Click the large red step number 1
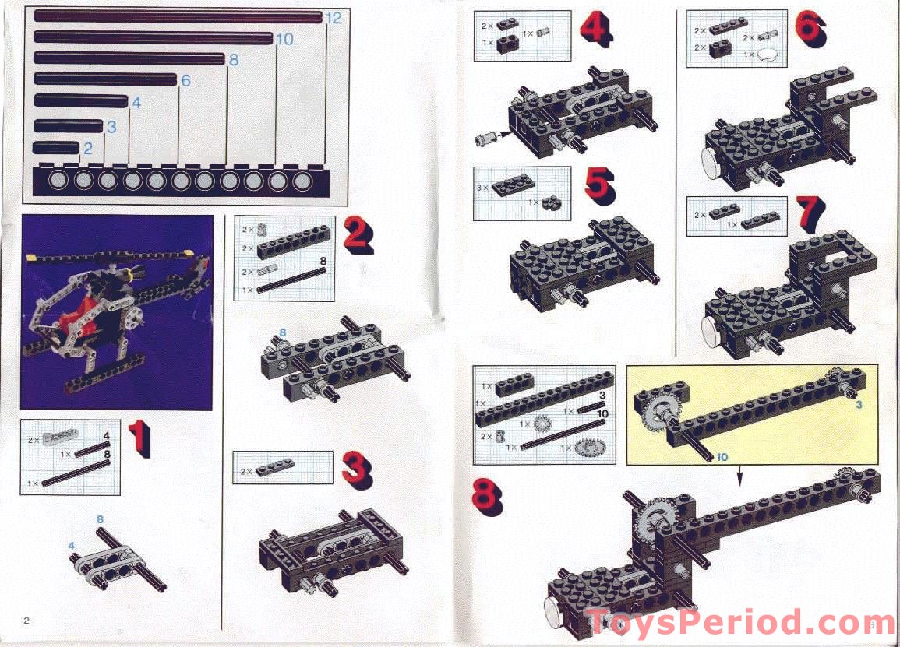point(139,438)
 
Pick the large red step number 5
point(598,188)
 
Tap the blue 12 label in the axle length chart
point(333,18)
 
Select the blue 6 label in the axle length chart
point(185,80)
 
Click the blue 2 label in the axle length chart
point(87,148)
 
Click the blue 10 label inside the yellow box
point(722,456)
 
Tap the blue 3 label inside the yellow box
point(859,405)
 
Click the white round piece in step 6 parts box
point(769,54)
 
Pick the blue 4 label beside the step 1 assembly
point(71,546)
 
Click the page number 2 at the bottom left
point(26,621)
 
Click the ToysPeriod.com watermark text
point(731,623)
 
